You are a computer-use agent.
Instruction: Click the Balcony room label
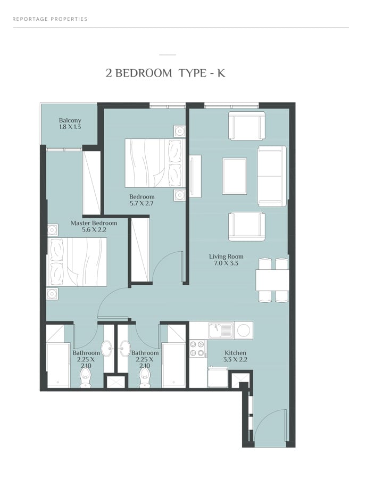coord(70,120)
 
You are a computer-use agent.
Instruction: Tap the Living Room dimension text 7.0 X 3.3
coord(226,263)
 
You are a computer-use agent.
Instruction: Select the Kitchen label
coord(235,353)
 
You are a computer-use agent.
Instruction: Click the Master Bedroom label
coord(94,223)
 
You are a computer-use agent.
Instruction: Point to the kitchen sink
coord(221,330)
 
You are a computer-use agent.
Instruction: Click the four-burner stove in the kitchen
coord(197,349)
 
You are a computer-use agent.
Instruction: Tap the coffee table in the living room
coord(235,176)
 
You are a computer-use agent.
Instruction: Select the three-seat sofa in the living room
coord(272,176)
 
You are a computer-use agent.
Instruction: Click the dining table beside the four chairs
coord(272,280)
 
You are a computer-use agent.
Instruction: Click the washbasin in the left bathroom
coord(107,349)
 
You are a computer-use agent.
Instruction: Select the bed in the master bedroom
coord(77,262)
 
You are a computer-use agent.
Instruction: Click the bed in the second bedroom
coord(155,163)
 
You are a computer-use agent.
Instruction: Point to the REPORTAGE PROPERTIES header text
coord(50,19)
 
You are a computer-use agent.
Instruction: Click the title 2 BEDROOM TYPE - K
coord(165,73)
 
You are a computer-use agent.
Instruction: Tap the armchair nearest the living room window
coord(247,126)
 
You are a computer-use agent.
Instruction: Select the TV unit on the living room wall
coord(195,176)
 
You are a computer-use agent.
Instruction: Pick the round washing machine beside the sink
coord(244,330)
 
